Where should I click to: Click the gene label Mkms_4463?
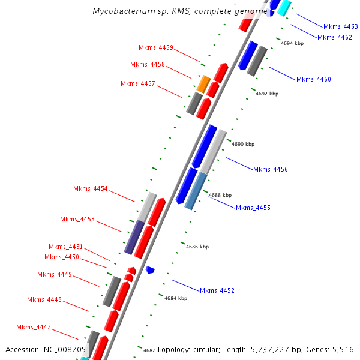pos(340,26)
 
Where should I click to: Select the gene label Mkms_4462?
pos(334,37)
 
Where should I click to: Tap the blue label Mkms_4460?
pos(313,79)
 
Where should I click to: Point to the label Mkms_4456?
pos(270,169)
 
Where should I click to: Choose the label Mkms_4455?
pos(253,208)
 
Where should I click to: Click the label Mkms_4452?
pos(217,290)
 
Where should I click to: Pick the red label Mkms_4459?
pos(155,47)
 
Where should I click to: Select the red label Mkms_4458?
pos(147,64)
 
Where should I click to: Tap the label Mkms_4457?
pos(137,83)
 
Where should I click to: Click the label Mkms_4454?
pos(90,188)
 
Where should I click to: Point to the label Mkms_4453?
pos(77,219)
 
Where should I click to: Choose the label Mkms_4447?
pos(33,327)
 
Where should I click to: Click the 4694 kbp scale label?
pos(292,43)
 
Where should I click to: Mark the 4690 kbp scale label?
pos(243,144)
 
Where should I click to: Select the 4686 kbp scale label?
pos(197,247)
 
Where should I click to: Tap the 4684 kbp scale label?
pos(176,298)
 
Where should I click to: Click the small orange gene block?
pos(204,83)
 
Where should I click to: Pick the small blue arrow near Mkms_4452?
pos(150,270)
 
